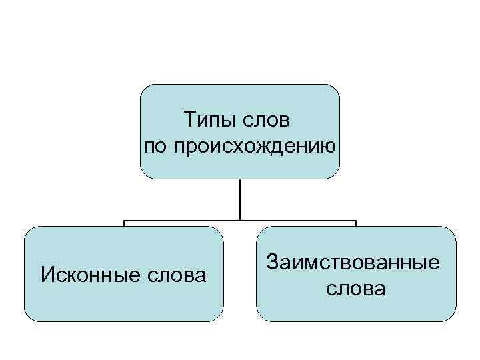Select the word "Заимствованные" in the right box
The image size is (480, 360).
click(354, 262)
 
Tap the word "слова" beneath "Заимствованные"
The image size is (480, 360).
click(355, 289)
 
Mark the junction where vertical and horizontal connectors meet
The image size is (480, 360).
click(240, 221)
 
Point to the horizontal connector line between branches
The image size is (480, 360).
click(180, 221)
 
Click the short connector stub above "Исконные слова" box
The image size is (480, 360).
click(124, 223)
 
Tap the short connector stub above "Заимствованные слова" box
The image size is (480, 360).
click(356, 223)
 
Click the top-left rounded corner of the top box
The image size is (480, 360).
click(145, 89)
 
